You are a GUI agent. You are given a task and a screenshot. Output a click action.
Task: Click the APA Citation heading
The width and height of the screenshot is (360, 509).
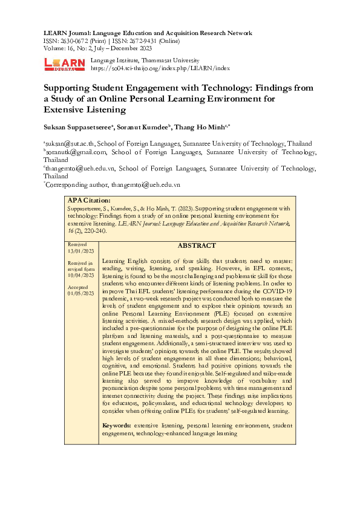coord(89,200)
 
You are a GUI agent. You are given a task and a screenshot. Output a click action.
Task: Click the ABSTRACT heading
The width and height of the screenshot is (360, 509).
coord(196,246)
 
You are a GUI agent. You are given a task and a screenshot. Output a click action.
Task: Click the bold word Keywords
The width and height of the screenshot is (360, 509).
coord(117,426)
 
